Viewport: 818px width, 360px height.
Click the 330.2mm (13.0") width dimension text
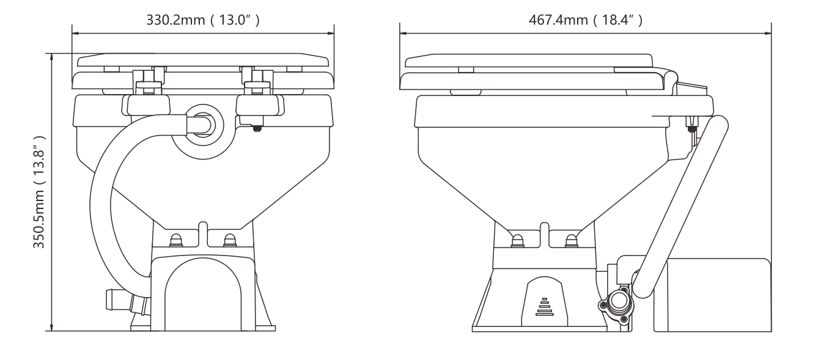(x=204, y=20)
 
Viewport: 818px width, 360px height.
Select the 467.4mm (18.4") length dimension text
(x=586, y=20)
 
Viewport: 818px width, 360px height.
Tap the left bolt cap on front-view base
(x=175, y=240)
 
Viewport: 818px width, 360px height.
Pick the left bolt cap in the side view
(x=517, y=240)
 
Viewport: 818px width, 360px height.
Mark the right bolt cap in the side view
(x=570, y=240)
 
